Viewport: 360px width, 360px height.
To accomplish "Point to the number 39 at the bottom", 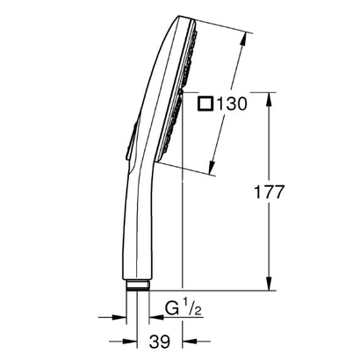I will pyautogui.click(x=160, y=340).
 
